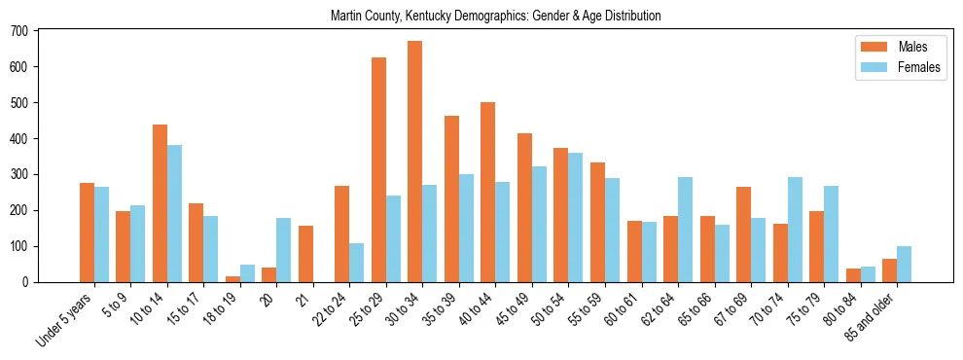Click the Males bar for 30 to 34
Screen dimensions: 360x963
click(x=415, y=162)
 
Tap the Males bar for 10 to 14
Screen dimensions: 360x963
click(x=160, y=203)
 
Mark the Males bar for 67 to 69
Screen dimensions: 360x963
click(x=744, y=234)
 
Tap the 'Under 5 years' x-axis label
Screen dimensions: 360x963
click(x=64, y=319)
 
